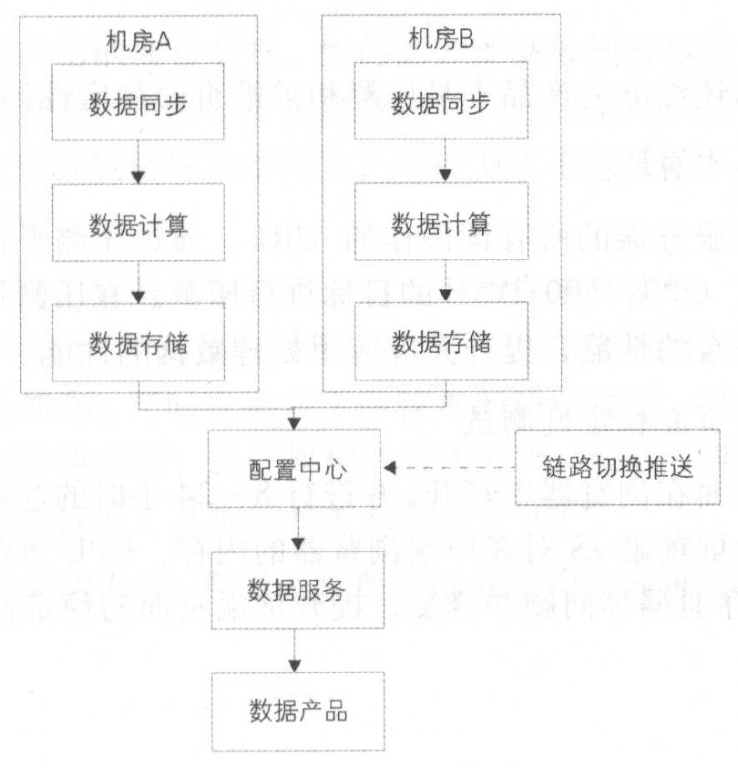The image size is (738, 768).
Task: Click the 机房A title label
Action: click(138, 42)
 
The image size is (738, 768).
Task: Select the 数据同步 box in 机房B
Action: click(441, 103)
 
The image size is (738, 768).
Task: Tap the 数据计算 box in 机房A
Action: click(138, 223)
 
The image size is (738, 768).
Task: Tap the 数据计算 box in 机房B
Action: click(441, 223)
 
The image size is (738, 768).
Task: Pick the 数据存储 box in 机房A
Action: click(138, 344)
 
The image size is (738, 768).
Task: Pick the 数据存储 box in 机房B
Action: click(441, 344)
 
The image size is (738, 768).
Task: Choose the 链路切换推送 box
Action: click(618, 468)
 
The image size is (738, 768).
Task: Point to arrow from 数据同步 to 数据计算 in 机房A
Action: click(138, 162)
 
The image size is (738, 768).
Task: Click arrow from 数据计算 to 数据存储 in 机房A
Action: click(138, 283)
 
